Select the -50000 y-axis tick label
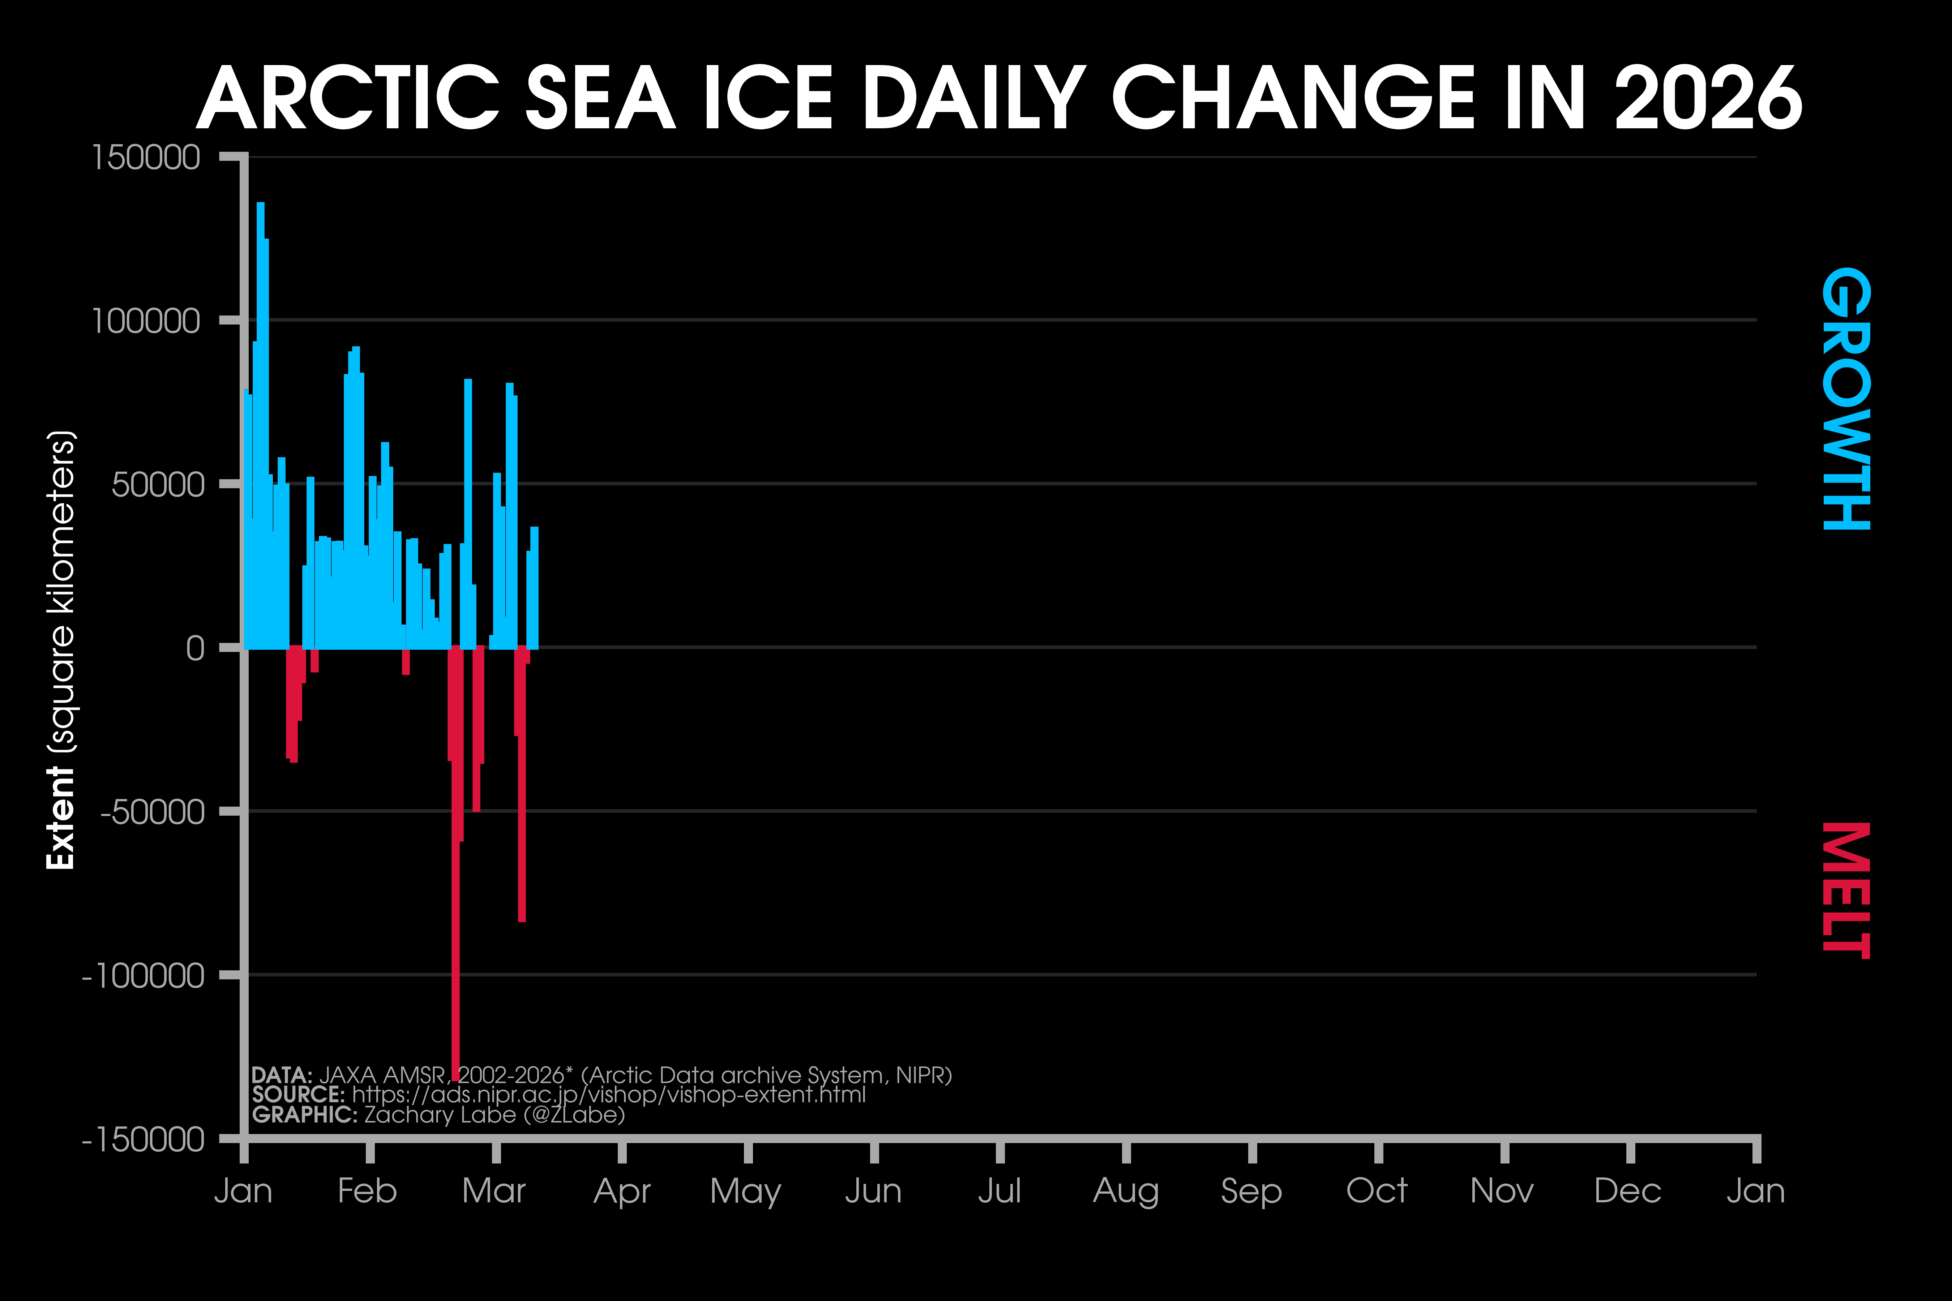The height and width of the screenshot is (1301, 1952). (152, 812)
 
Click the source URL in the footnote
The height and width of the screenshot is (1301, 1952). (608, 1095)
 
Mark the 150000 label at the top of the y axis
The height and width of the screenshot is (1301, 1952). (146, 158)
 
